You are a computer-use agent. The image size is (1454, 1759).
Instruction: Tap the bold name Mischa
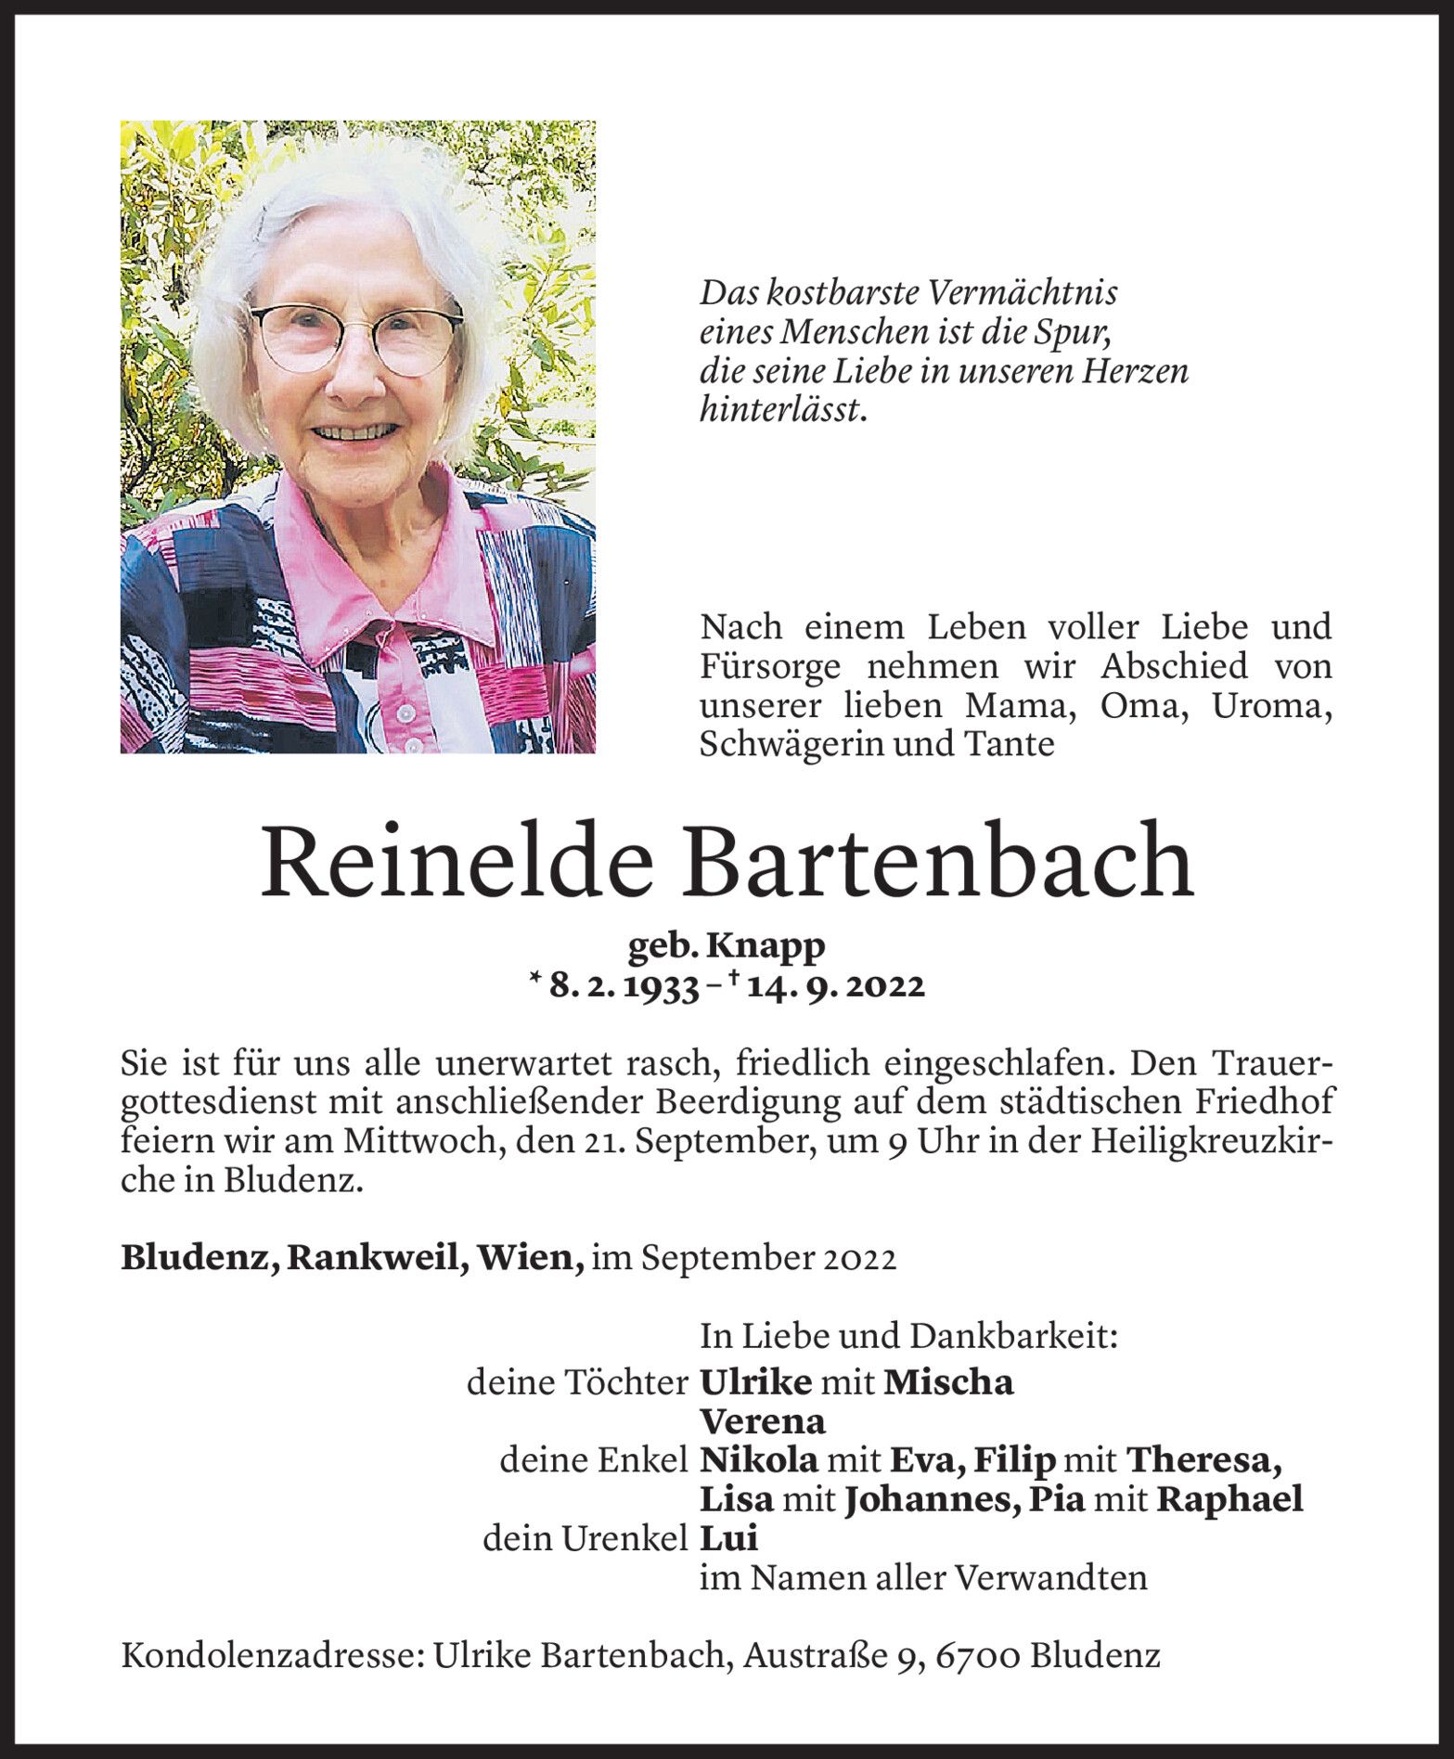[x=948, y=1383]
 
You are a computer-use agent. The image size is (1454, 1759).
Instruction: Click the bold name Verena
[x=762, y=1422]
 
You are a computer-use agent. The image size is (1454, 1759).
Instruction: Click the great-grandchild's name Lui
[x=728, y=1539]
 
